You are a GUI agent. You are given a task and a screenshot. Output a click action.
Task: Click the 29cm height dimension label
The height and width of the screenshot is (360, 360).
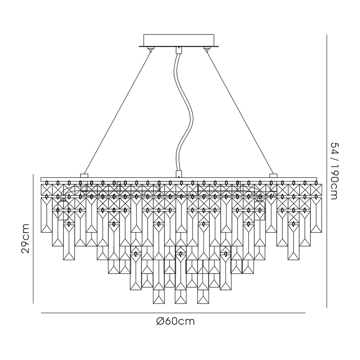25,238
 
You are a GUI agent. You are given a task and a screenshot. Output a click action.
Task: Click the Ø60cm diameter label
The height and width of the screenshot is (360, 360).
175,321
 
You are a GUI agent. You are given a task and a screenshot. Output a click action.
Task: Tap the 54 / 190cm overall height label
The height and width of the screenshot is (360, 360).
334,171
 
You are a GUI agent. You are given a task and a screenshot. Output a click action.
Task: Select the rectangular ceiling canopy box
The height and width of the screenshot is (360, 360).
179,40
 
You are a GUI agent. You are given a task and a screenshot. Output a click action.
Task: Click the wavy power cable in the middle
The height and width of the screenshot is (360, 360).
184,112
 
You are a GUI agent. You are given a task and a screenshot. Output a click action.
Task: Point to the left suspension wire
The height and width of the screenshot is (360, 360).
117,113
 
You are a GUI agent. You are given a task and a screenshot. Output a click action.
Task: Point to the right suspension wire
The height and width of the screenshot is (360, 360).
240,113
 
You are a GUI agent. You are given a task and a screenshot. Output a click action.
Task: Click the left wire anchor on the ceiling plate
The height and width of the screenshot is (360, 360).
150,49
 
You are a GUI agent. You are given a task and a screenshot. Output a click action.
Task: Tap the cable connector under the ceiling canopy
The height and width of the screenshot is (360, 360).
179,50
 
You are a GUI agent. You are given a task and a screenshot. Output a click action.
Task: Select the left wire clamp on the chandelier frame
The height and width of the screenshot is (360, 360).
84,176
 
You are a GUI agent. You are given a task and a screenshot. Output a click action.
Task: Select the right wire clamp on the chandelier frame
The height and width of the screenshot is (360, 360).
274,176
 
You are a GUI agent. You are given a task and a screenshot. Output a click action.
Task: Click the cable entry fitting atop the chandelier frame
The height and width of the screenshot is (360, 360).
179,174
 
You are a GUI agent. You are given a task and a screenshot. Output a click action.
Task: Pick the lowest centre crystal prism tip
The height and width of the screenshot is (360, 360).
181,303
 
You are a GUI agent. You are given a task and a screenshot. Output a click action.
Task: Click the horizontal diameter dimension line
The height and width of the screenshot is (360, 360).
173,313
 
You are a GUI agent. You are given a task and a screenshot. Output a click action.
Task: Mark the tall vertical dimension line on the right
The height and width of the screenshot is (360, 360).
327,171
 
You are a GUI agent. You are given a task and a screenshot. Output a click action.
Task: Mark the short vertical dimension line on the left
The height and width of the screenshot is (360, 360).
33,239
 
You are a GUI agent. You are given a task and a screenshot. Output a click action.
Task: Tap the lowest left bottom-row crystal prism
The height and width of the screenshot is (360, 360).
159,297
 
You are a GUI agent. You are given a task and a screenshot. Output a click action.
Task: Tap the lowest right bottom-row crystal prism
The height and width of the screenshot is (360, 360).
203,297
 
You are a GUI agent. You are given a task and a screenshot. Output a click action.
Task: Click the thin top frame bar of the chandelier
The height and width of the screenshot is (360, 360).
179,179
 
